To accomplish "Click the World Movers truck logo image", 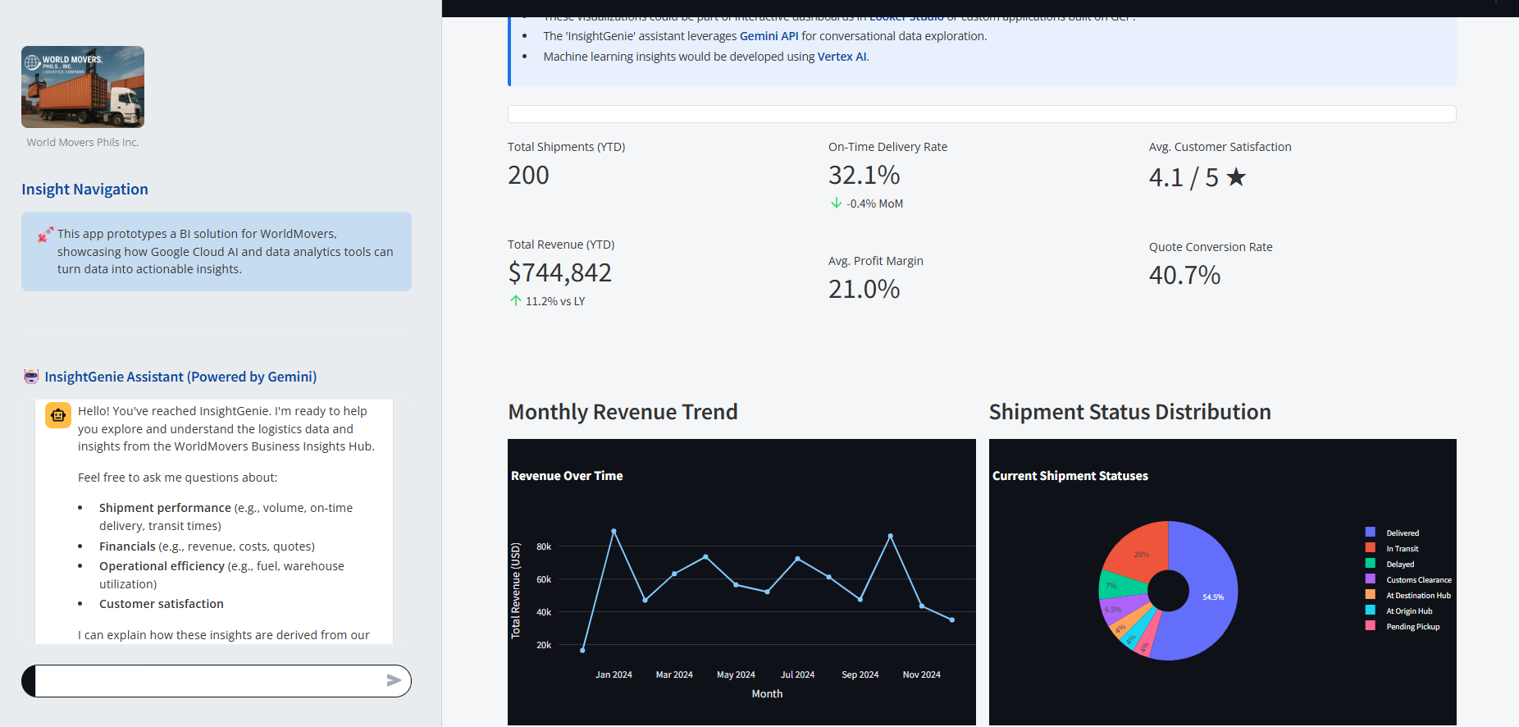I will tap(83, 87).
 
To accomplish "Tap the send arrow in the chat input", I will tap(394, 680).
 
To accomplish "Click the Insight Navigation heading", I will tap(84, 190).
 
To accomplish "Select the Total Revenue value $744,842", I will tap(559, 272).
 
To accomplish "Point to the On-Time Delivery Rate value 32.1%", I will tap(864, 175).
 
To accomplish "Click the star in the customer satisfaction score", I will tap(1235, 177).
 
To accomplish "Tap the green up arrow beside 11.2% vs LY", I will tap(516, 301).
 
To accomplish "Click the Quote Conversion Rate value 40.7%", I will tap(1184, 275).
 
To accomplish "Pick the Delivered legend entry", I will tap(1402, 533).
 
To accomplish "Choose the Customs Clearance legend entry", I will tap(1418, 580).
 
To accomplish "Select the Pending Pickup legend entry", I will tap(1412, 627).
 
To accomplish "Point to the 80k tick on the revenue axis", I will tap(544, 546).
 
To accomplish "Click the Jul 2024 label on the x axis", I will tap(797, 674).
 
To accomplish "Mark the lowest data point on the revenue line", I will tap(582, 651).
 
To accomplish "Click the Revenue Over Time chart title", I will tap(567, 476).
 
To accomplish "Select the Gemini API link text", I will tap(769, 36).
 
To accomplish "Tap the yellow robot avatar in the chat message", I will tap(58, 415).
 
